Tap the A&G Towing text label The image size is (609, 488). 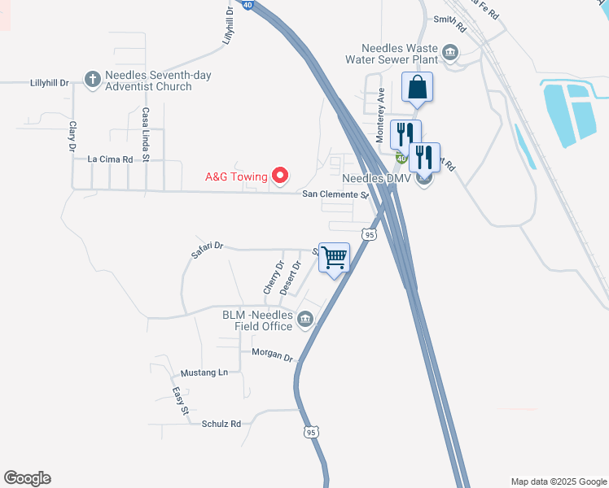(x=237, y=176)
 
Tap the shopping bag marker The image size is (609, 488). (x=417, y=88)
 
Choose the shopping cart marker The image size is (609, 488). (x=335, y=258)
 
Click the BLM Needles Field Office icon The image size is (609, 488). (x=306, y=319)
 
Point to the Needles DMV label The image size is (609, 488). (x=379, y=178)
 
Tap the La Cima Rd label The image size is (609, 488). (x=110, y=159)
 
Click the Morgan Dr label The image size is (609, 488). (x=271, y=355)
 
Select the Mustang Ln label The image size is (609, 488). (x=204, y=373)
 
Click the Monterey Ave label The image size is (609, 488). (x=380, y=116)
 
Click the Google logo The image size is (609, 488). (x=27, y=478)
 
